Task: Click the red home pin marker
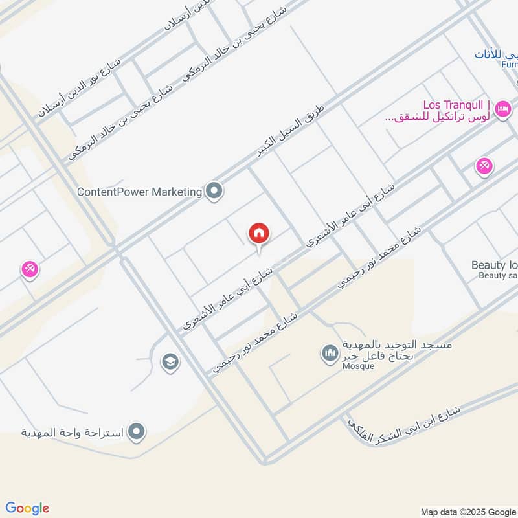point(259,234)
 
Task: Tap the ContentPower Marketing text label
point(139,192)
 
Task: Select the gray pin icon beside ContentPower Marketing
point(214,191)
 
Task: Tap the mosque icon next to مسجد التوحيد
point(330,354)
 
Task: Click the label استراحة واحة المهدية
point(72,432)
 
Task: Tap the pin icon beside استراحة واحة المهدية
point(136,431)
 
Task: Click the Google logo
point(27,508)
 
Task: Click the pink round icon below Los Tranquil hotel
point(484,166)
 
